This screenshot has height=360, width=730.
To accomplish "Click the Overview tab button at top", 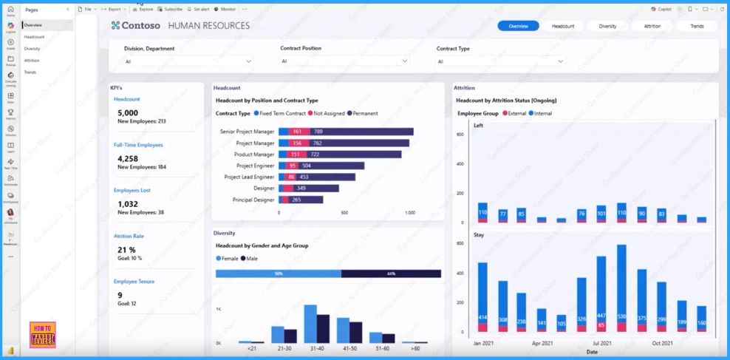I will (518, 26).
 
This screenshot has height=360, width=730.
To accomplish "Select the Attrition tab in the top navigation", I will (652, 26).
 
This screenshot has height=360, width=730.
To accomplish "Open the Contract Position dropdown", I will (344, 61).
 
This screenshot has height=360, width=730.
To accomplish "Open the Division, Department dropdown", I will (188, 61).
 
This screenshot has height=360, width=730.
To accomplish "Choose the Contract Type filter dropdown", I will (501, 61).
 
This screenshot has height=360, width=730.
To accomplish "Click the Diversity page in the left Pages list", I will (33, 49).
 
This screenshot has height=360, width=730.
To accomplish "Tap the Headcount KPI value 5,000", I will (128, 113).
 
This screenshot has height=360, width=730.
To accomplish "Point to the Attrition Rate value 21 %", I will (127, 250).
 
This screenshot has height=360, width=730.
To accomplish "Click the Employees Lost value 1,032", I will (128, 204).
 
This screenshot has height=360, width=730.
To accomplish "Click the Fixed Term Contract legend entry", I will (281, 113).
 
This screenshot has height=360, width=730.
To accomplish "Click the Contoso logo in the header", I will (137, 26).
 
